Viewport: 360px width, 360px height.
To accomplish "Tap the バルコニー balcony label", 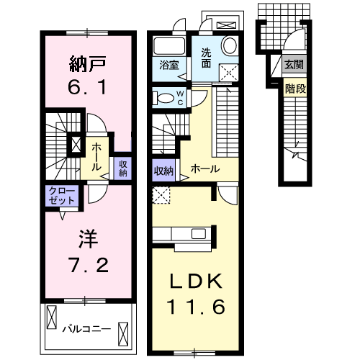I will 86,329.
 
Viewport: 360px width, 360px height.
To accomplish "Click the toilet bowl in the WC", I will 163,99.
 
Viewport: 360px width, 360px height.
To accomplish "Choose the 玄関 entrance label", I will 294,65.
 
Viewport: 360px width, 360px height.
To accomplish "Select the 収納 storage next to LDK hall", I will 163,171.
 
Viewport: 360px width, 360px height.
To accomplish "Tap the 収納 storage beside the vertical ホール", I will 122,168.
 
